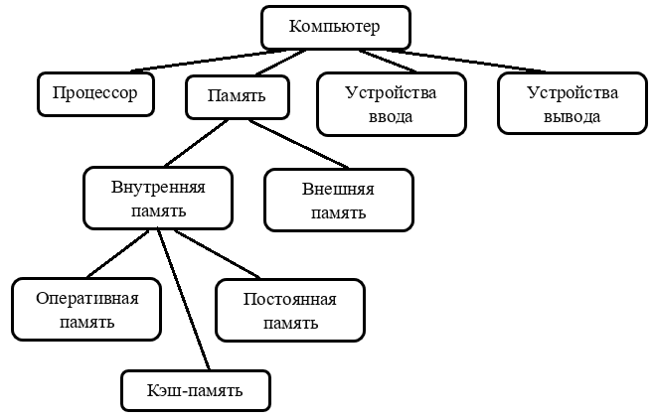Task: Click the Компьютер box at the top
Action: pyautogui.click(x=336, y=28)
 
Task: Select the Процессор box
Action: pyautogui.click(x=95, y=94)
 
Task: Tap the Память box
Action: pyautogui.click(x=238, y=97)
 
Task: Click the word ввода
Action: pyautogui.click(x=391, y=117)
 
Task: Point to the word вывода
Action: pyautogui.click(x=572, y=117)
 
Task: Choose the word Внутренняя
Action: pyautogui.click(x=158, y=188)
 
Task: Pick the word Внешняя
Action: pyautogui.click(x=338, y=189)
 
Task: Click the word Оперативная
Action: pyautogui.click(x=86, y=299)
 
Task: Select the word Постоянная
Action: pyautogui.click(x=290, y=300)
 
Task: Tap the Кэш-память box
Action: pyautogui.click(x=196, y=390)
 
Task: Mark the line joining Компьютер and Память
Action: pyautogui.click(x=280, y=63)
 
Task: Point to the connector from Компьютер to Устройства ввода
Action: pyautogui.click(x=388, y=61)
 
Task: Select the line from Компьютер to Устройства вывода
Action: pyautogui.click(x=466, y=61)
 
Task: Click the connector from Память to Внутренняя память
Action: pyautogui.click(x=196, y=143)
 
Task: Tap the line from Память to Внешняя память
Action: pyautogui.click(x=298, y=144)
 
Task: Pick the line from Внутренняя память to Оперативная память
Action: pyautogui.click(x=117, y=253)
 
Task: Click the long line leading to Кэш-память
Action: pyautogui.click(x=184, y=299)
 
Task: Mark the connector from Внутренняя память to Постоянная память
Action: pyautogui.click(x=217, y=254)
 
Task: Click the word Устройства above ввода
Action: pyautogui.click(x=391, y=93)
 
